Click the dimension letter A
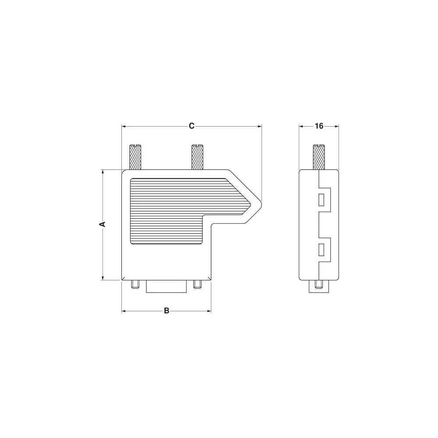click(102, 224)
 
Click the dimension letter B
click(166, 311)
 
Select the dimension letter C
click(191, 126)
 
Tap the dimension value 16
click(319, 126)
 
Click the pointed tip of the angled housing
click(260, 202)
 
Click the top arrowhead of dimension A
click(102, 172)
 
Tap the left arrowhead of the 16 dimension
click(301, 126)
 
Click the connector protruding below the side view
click(319, 286)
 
